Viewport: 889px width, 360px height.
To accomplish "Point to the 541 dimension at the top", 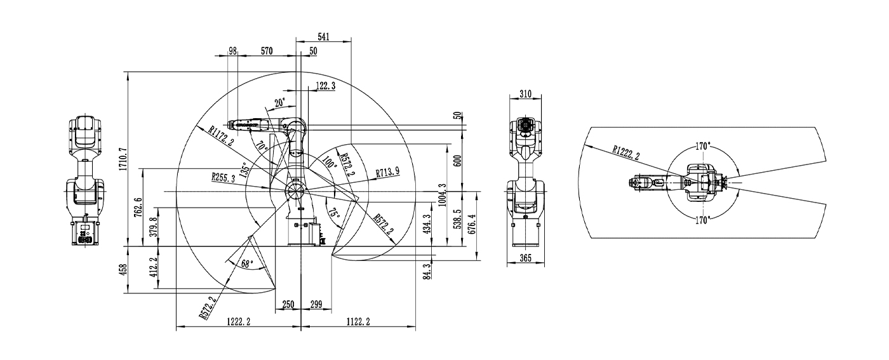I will (x=323, y=37).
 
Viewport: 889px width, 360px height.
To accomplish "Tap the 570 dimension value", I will (x=267, y=51).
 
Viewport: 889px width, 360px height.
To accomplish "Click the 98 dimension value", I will (x=232, y=51).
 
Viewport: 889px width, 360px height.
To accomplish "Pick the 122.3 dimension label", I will (x=325, y=85).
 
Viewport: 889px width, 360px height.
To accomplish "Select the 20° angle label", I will (x=280, y=102).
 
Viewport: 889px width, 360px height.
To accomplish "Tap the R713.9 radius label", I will (x=387, y=172).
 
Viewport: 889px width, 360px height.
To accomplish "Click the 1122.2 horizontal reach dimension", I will (x=358, y=323).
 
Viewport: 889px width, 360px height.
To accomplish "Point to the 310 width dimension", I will (x=525, y=94).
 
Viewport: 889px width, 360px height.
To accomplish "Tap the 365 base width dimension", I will (x=525, y=258).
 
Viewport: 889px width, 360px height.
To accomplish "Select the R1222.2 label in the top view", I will (x=625, y=152).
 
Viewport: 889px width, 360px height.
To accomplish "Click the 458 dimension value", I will (x=123, y=269).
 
